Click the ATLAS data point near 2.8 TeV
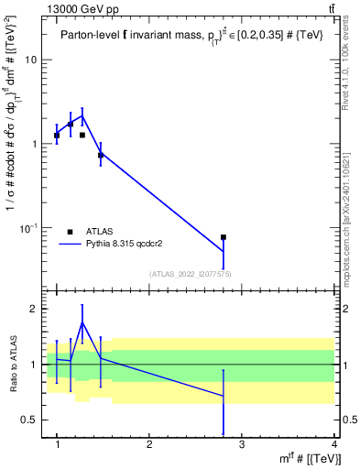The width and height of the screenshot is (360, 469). (x=224, y=237)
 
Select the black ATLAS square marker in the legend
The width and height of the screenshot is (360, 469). (x=71, y=232)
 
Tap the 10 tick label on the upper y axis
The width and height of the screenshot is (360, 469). (x=31, y=60)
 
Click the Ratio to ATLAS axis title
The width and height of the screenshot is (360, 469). (x=13, y=364)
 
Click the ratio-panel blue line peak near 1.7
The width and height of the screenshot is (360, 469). (x=82, y=322)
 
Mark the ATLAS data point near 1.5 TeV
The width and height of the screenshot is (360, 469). (x=101, y=156)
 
